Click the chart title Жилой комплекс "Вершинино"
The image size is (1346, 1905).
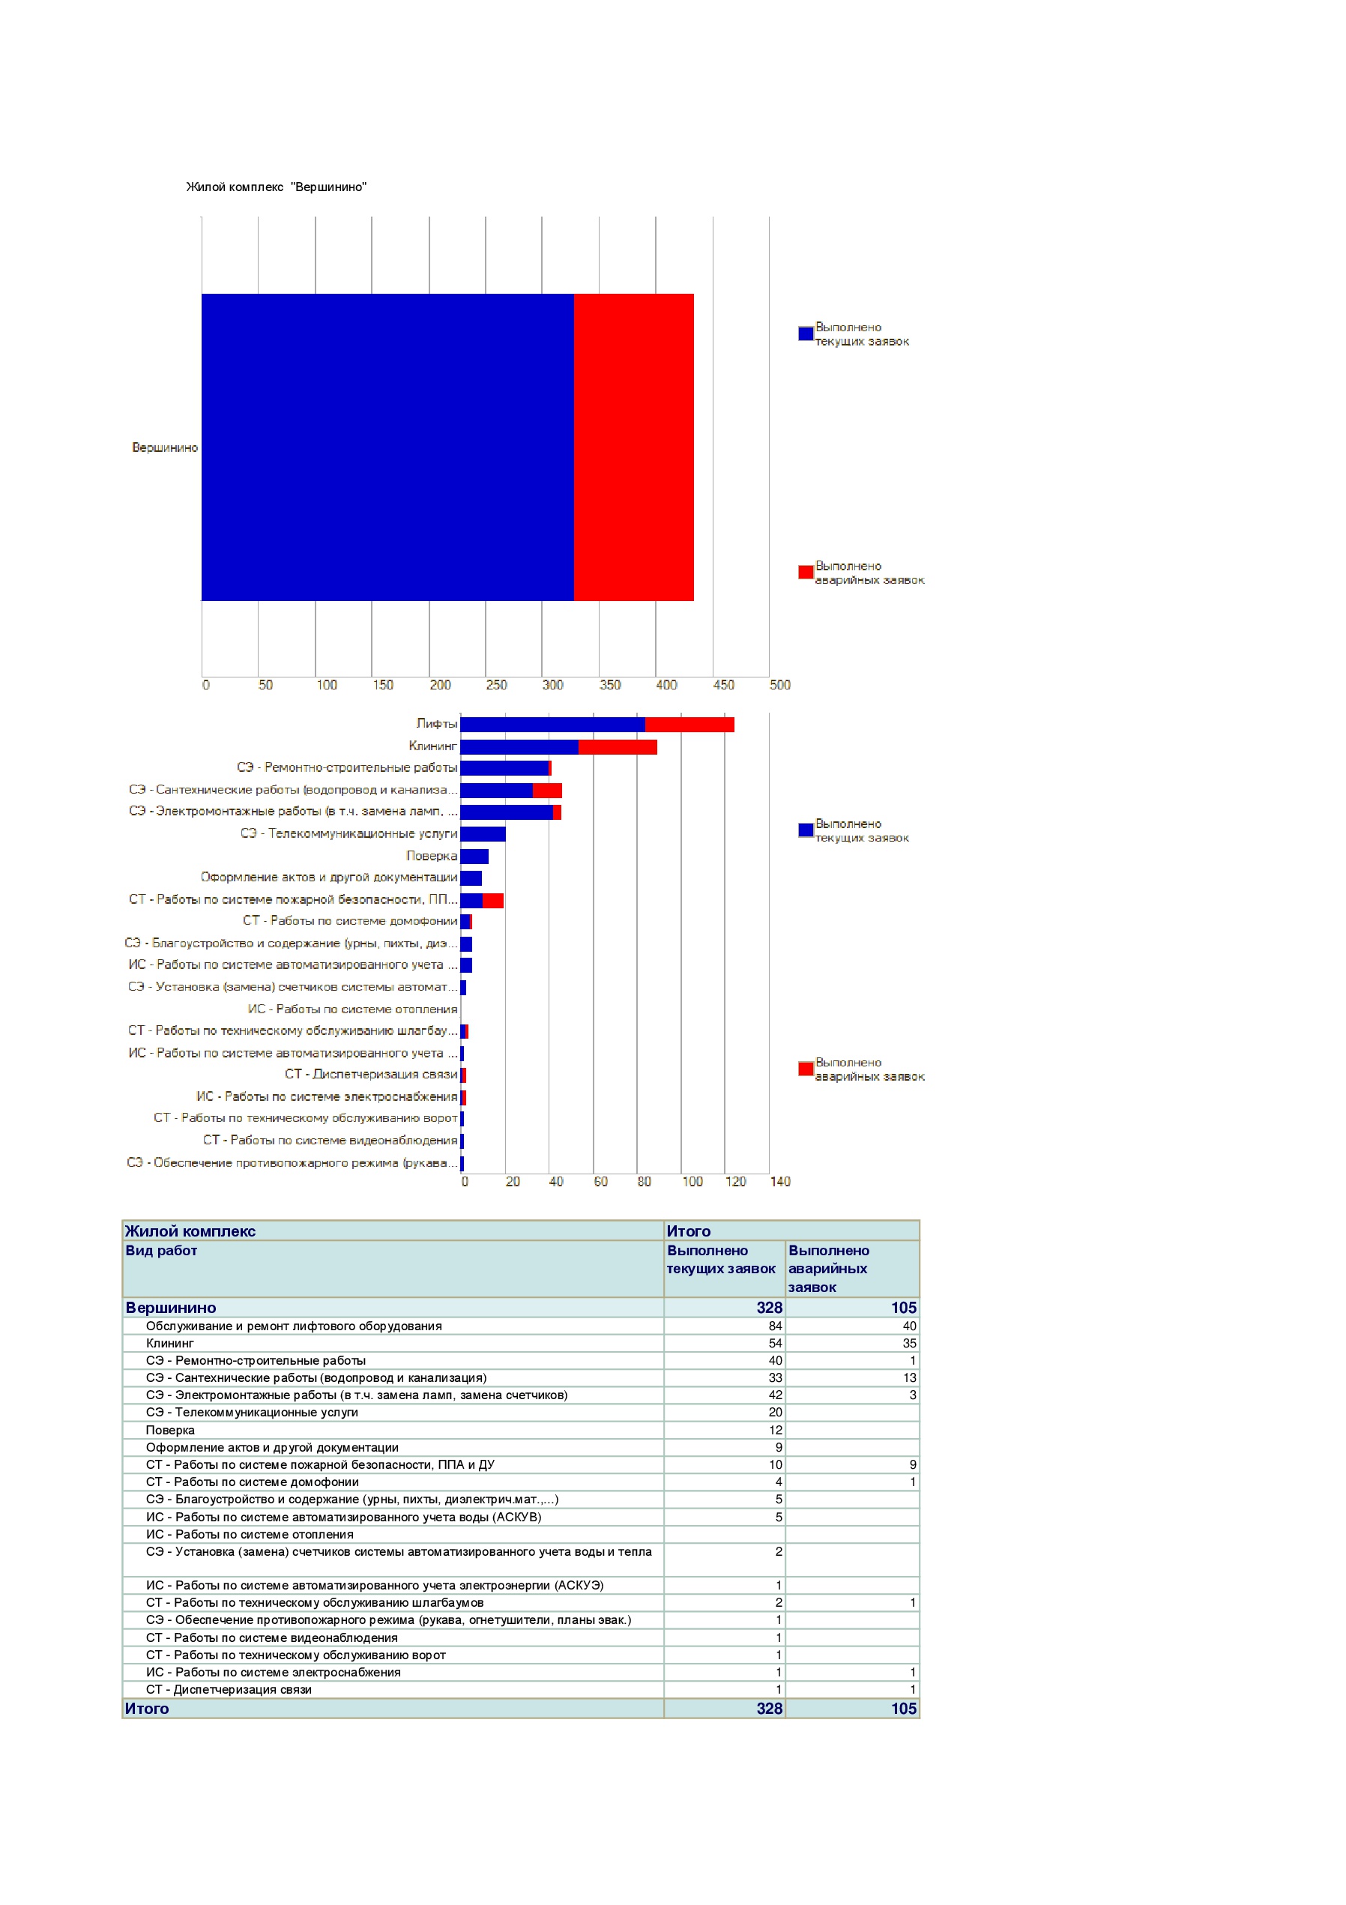pyautogui.click(x=277, y=187)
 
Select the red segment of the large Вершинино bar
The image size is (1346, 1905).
pyautogui.click(x=633, y=447)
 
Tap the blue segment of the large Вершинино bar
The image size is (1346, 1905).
pyautogui.click(x=387, y=447)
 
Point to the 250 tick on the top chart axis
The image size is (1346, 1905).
pyautogui.click(x=496, y=684)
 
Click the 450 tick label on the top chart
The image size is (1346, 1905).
pyautogui.click(x=724, y=684)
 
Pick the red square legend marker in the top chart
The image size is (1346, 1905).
pyautogui.click(x=806, y=572)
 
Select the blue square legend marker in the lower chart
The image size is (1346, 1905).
pyautogui.click(x=806, y=830)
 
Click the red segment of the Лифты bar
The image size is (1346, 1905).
pyautogui.click(x=689, y=725)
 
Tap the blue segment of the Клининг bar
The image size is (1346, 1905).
pyautogui.click(x=519, y=746)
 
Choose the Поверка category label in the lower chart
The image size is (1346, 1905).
pyautogui.click(x=432, y=855)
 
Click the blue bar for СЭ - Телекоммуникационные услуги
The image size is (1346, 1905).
pyautogui.click(x=483, y=834)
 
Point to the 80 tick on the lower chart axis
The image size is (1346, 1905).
pyautogui.click(x=644, y=1182)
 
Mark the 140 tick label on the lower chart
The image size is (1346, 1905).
pyautogui.click(x=780, y=1182)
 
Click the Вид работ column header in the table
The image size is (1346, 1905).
pyautogui.click(x=161, y=1250)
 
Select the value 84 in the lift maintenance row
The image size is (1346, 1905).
pyautogui.click(x=775, y=1326)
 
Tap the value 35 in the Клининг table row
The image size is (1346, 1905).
pyautogui.click(x=910, y=1343)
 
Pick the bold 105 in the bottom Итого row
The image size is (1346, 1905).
pyautogui.click(x=904, y=1709)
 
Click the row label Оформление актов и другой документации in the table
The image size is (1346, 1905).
pyautogui.click(x=272, y=1447)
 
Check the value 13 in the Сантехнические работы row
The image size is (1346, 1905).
pyautogui.click(x=910, y=1377)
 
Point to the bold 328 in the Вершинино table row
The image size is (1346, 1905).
pyautogui.click(x=769, y=1308)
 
